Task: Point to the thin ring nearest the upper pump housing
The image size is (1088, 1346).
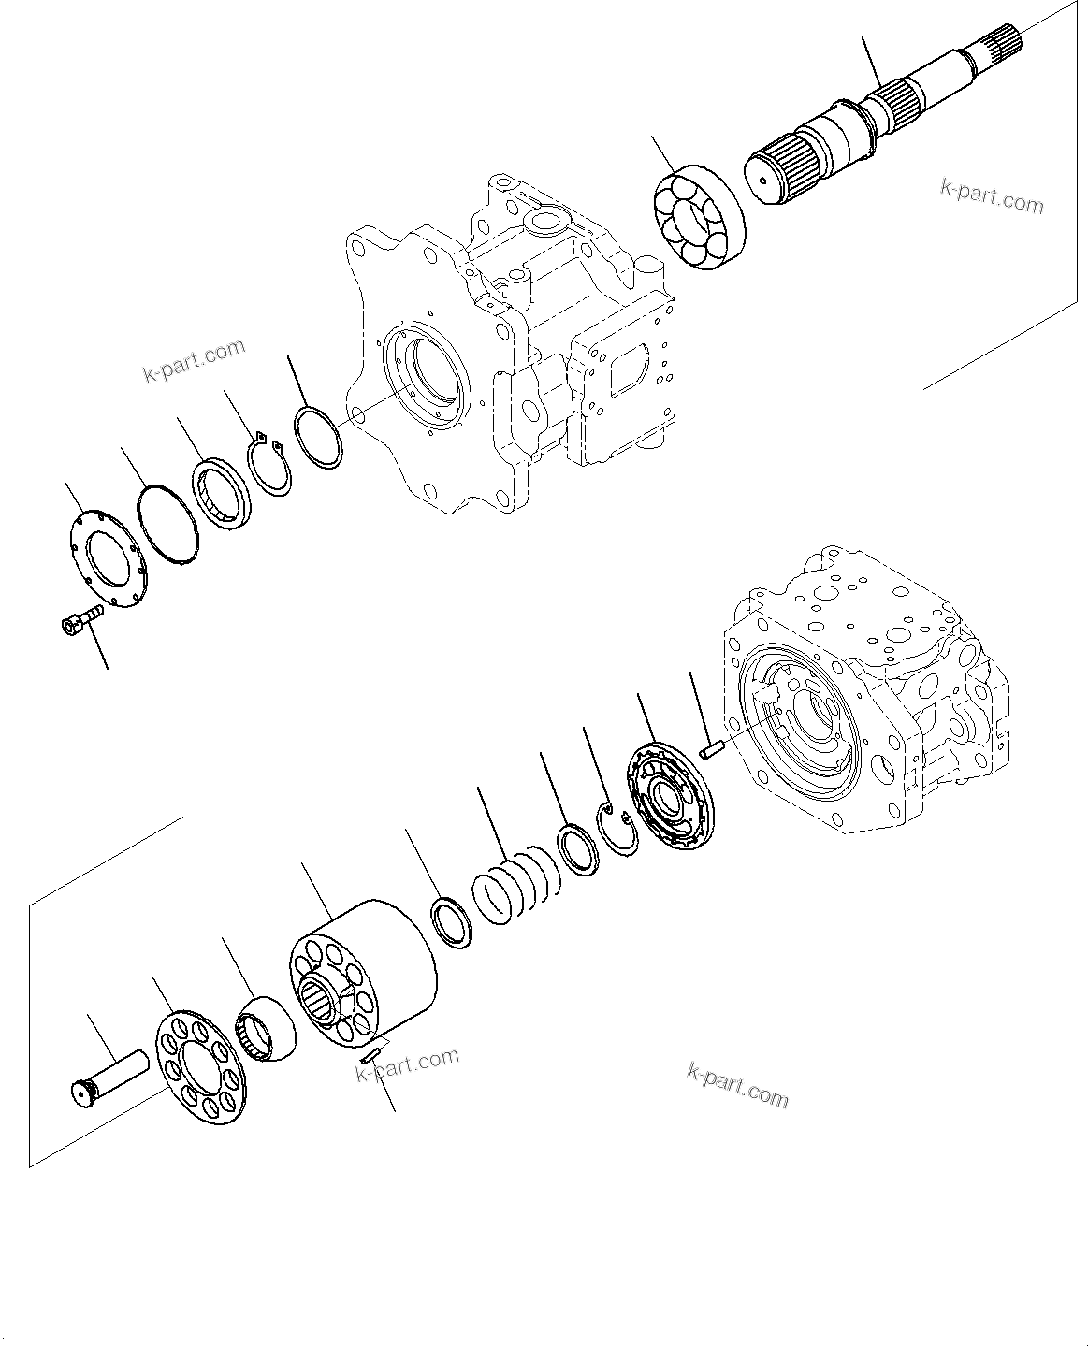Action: [x=318, y=437]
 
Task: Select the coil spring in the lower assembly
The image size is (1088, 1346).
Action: [x=515, y=890]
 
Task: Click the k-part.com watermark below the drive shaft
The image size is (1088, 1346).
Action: [x=992, y=196]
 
